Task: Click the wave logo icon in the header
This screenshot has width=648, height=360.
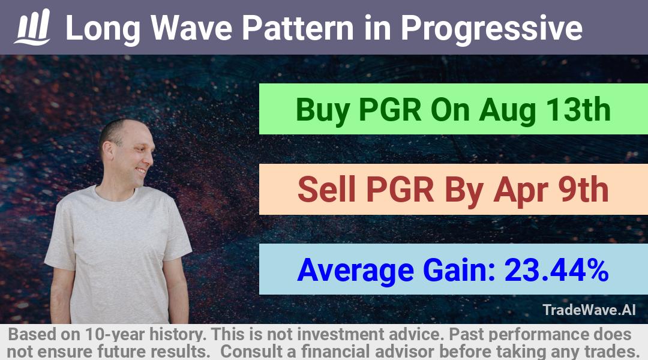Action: pos(32,27)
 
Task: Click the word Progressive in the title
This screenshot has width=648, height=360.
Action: pos(491,29)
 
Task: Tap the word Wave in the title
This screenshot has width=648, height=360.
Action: pos(191,28)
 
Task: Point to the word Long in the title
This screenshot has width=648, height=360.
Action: pos(103,29)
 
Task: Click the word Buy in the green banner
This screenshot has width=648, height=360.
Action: pos(323,110)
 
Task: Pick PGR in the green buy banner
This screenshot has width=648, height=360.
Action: pos(390,110)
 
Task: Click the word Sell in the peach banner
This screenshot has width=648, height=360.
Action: pos(326,190)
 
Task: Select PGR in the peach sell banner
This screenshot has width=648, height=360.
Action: pos(400,190)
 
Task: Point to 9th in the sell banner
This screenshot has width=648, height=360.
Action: pos(583,190)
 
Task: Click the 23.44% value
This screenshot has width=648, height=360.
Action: pos(556,270)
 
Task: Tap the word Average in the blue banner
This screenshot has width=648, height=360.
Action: pos(355,271)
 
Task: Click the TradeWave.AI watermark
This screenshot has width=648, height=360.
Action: pos(589,310)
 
